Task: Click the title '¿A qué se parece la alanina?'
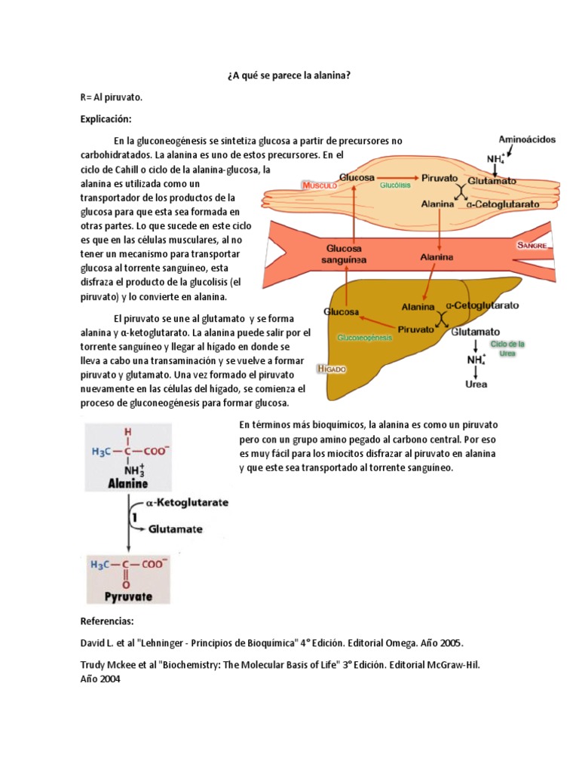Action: pyautogui.click(x=289, y=76)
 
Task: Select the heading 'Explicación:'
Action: pyautogui.click(x=106, y=119)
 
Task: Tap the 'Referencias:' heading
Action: pyautogui.click(x=106, y=621)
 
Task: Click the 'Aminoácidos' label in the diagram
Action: pyautogui.click(x=527, y=139)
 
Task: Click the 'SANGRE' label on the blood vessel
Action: pyautogui.click(x=532, y=246)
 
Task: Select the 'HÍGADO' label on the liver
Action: pyautogui.click(x=332, y=369)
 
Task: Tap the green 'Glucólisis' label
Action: pyautogui.click(x=394, y=185)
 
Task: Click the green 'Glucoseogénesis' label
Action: pyautogui.click(x=366, y=338)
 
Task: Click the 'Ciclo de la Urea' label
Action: pyautogui.click(x=507, y=348)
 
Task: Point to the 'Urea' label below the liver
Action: pyautogui.click(x=476, y=384)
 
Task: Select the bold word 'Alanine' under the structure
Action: pyautogui.click(x=128, y=483)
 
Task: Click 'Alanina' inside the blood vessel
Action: pyautogui.click(x=437, y=257)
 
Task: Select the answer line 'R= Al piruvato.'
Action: pyautogui.click(x=111, y=98)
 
